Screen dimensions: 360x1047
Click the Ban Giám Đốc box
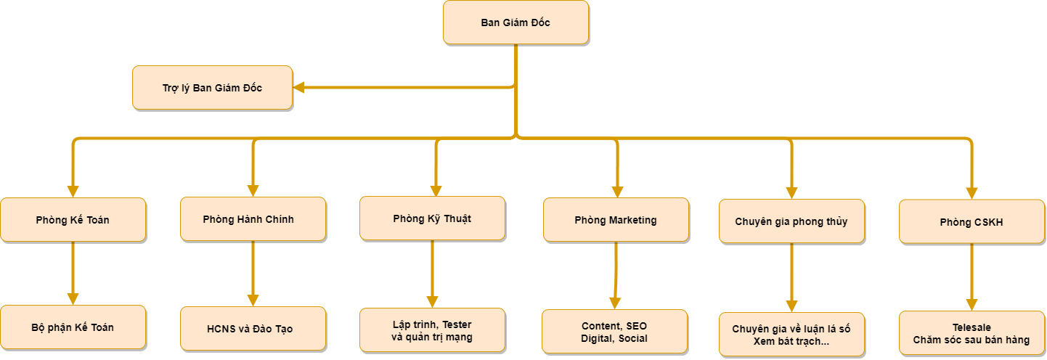(516, 22)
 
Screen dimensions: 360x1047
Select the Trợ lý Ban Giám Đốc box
(212, 88)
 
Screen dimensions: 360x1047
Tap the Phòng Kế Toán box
(73, 219)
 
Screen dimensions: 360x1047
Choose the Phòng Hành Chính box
(253, 219)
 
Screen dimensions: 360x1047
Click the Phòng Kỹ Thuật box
(432, 218)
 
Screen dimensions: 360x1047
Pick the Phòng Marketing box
(616, 219)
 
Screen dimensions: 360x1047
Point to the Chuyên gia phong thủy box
(791, 221)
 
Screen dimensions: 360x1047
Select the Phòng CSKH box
(971, 222)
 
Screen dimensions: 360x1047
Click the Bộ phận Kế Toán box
(73, 327)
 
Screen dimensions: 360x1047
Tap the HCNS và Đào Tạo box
(253, 329)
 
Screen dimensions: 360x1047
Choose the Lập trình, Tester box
(432, 330)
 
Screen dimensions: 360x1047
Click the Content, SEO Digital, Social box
(614, 332)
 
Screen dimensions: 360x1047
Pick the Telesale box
(971, 333)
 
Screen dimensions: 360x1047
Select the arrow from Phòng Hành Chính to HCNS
(253, 272)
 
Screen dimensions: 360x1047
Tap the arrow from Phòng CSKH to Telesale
(971, 276)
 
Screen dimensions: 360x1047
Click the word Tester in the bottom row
(457, 324)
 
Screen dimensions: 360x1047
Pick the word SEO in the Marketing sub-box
(636, 326)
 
